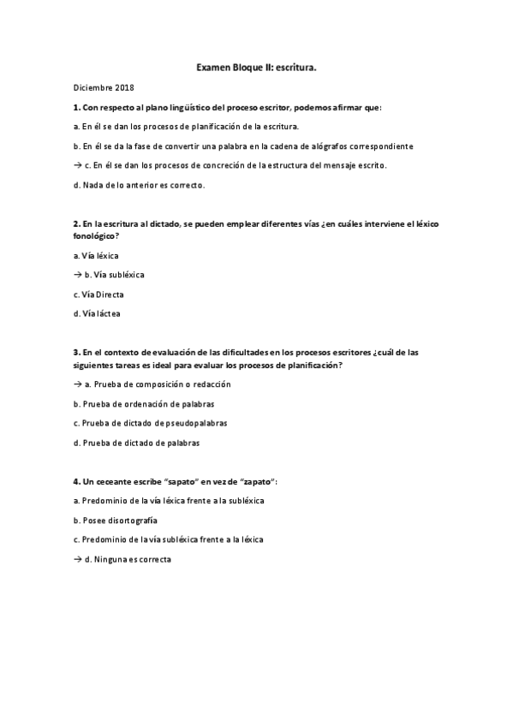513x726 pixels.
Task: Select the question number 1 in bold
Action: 76,107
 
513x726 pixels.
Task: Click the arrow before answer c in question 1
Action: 78,165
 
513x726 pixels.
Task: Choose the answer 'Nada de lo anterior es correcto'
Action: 140,184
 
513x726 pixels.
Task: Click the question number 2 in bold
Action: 76,223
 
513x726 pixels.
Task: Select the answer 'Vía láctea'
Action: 98,313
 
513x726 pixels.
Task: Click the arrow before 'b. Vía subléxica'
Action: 78,275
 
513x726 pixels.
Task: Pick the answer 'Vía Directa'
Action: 98,295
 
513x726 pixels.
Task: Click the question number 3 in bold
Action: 76,353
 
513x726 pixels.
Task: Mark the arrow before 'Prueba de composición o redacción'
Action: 78,384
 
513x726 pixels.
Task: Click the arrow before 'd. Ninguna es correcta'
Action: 78,558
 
